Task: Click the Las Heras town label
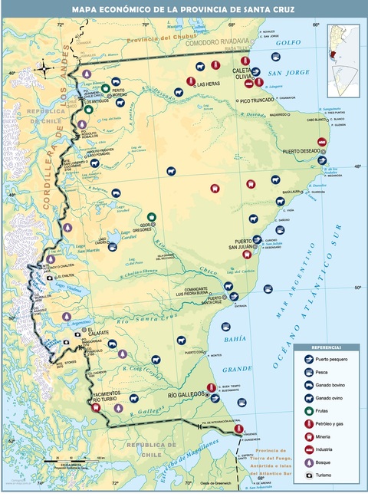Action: (209, 84)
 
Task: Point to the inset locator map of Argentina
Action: (343, 55)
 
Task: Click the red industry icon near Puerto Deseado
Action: (322, 142)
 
